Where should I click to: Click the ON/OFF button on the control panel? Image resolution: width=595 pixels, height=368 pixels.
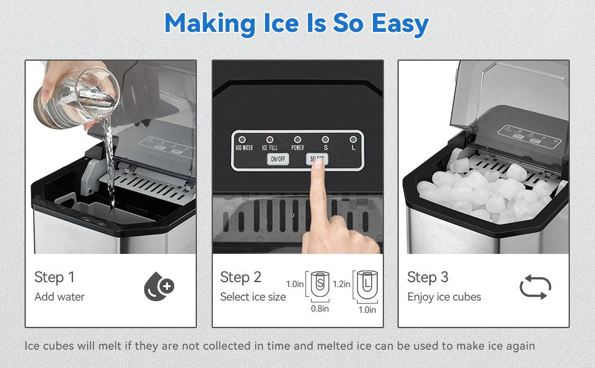[278, 159]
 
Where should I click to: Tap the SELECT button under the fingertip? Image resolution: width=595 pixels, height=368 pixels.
[317, 159]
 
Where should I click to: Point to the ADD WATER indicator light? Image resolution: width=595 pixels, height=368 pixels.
[242, 140]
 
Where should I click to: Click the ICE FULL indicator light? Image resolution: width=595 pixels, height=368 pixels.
[270, 140]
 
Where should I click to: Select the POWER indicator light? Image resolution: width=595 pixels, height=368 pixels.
[297, 140]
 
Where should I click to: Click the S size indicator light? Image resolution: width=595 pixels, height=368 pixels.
[325, 140]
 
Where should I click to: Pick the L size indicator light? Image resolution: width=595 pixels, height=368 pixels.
[353, 140]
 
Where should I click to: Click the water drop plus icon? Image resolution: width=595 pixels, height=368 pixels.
[159, 286]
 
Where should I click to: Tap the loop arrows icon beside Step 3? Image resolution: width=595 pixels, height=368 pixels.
[535, 287]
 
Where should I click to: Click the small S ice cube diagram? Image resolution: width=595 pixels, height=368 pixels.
[320, 284]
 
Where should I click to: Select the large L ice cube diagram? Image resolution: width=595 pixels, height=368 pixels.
[367, 284]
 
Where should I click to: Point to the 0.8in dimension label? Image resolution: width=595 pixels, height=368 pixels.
[320, 309]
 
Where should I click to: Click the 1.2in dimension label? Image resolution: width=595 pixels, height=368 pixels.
[342, 284]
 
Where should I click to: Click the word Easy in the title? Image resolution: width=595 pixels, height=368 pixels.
[400, 23]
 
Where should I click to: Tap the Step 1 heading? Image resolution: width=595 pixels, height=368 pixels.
[54, 277]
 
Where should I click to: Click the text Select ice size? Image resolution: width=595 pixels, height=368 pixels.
[253, 297]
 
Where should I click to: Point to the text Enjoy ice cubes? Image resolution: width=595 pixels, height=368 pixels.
[444, 297]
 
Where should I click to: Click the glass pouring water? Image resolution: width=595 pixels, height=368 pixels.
[78, 98]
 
